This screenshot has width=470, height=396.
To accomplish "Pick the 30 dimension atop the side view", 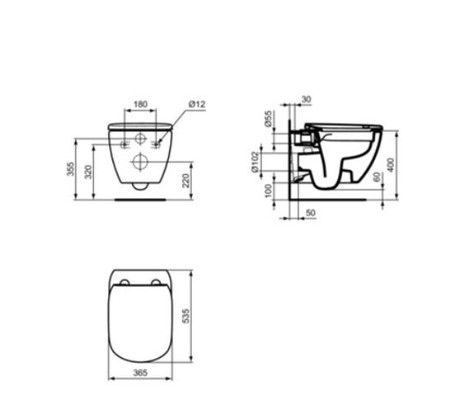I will (306, 98).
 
